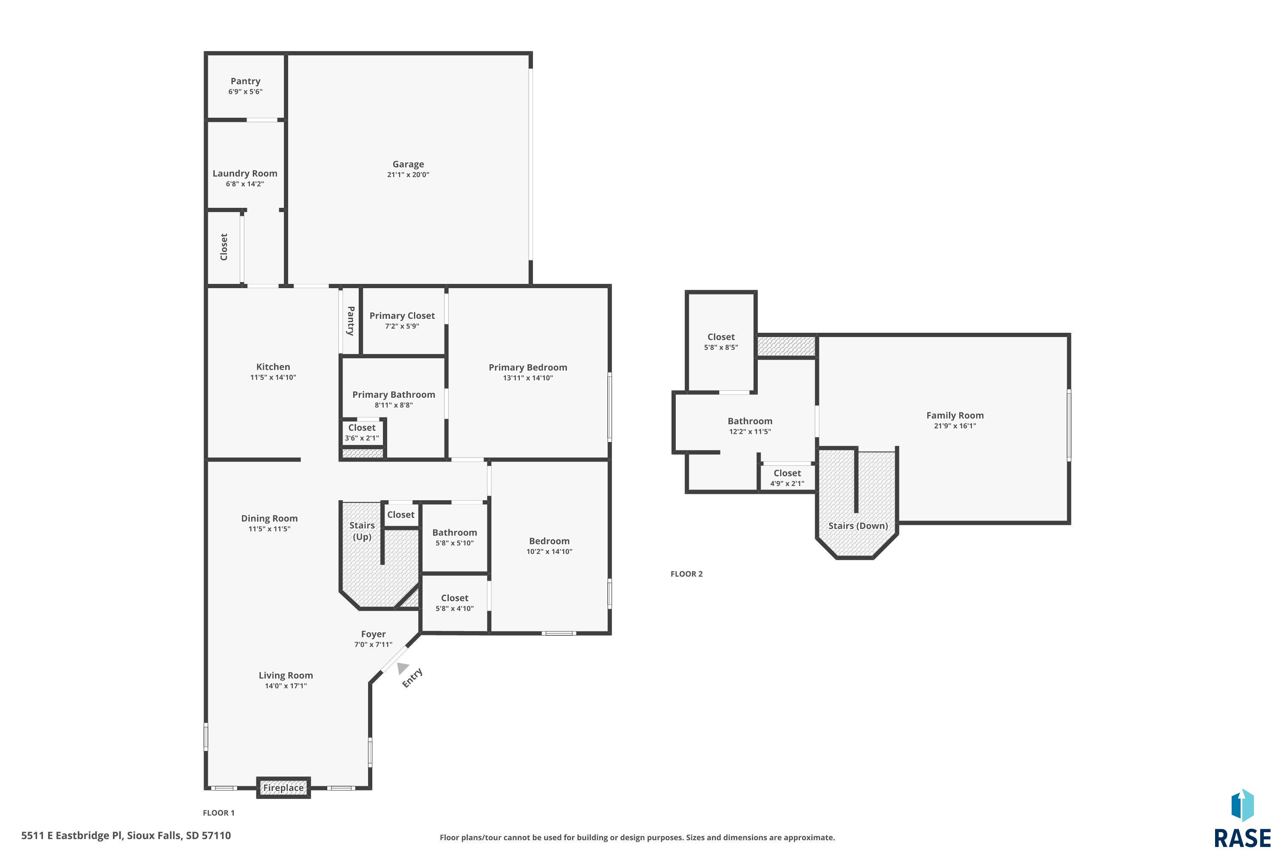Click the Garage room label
[408, 164]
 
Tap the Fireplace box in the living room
[283, 788]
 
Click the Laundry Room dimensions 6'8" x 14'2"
[245, 184]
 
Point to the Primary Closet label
[402, 315]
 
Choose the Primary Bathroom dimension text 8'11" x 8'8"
[394, 405]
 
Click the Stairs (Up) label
[362, 531]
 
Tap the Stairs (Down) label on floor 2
[858, 526]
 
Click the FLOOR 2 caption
[686, 574]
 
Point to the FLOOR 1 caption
[218, 813]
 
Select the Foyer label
[374, 634]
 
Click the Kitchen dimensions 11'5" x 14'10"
[273, 377]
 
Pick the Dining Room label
[269, 518]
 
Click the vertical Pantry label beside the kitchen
[351, 321]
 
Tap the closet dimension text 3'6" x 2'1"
[362, 438]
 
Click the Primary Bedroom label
[528, 368]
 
